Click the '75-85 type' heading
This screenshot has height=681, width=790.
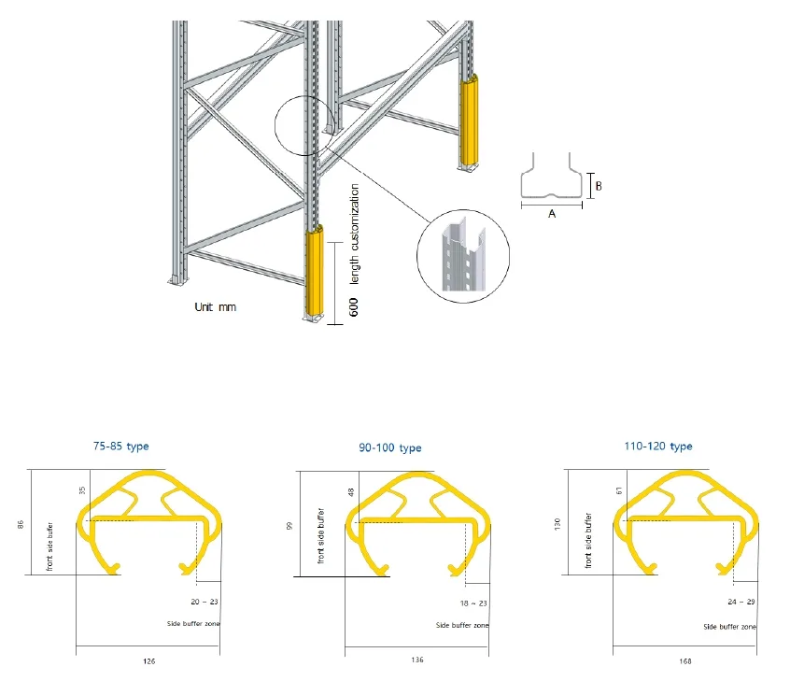(x=120, y=447)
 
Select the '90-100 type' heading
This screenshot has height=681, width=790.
(x=390, y=447)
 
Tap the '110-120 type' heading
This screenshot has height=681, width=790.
(x=658, y=447)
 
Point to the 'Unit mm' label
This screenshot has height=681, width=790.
(x=215, y=307)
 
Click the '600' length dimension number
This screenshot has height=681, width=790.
(x=354, y=307)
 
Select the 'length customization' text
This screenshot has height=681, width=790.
(x=354, y=234)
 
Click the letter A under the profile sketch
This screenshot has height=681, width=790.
(x=552, y=214)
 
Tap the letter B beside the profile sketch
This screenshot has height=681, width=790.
(x=599, y=186)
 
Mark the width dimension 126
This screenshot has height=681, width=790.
(x=149, y=660)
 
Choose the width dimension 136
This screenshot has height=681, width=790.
(x=417, y=660)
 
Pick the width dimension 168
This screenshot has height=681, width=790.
(x=685, y=660)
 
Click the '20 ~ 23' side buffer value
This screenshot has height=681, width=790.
(x=205, y=602)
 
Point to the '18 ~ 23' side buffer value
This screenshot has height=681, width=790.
(x=473, y=603)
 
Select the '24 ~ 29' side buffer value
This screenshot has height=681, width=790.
(x=741, y=602)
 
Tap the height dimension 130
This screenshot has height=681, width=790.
(x=557, y=524)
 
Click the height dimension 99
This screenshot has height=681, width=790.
(x=289, y=526)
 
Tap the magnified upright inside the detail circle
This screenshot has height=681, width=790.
(x=463, y=254)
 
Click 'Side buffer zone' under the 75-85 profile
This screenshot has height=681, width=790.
(x=193, y=623)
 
